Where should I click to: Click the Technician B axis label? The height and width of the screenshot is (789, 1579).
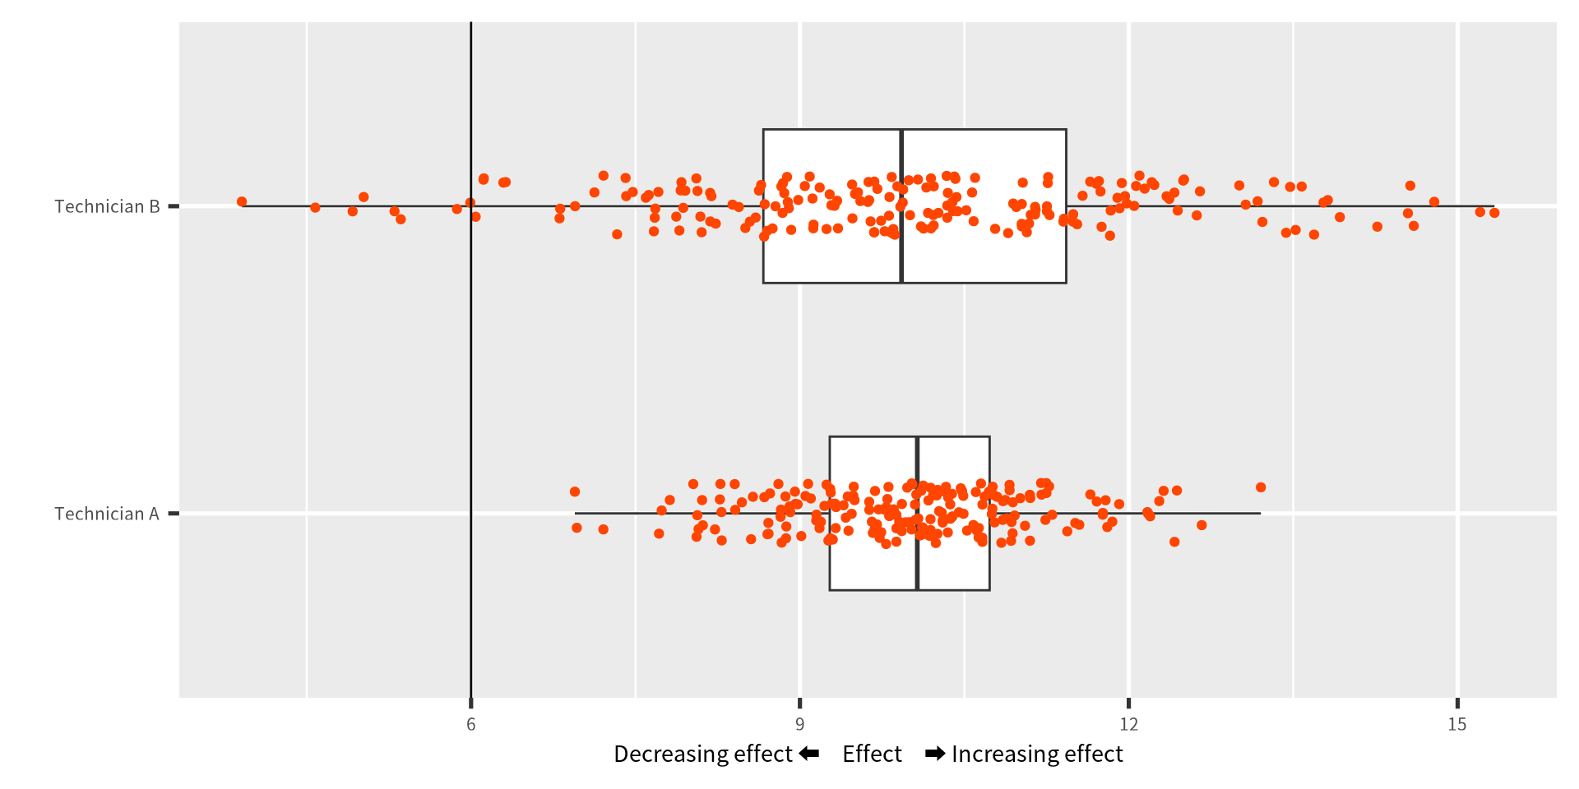click(107, 206)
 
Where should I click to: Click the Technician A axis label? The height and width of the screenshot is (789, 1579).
click(107, 514)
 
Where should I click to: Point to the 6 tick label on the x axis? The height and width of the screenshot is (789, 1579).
click(471, 724)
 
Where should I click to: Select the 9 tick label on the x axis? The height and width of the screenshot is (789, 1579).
click(799, 724)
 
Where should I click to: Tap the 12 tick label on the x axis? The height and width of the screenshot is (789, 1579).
click(1128, 724)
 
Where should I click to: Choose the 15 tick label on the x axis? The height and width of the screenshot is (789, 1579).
click(1456, 724)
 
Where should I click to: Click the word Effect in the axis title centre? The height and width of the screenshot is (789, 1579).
click(872, 754)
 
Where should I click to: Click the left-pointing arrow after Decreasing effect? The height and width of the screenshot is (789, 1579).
click(809, 754)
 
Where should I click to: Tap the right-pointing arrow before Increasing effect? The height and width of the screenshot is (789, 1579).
click(935, 754)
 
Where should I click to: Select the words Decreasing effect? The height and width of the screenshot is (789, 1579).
click(702, 754)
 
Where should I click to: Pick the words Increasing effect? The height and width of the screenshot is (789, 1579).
click(1037, 754)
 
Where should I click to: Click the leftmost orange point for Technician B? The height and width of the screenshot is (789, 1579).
click(242, 201)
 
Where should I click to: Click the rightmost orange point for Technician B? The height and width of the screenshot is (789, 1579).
click(1494, 213)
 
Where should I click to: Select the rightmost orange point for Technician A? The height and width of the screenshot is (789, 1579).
click(1261, 487)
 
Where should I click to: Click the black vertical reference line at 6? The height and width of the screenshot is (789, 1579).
click(471, 370)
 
